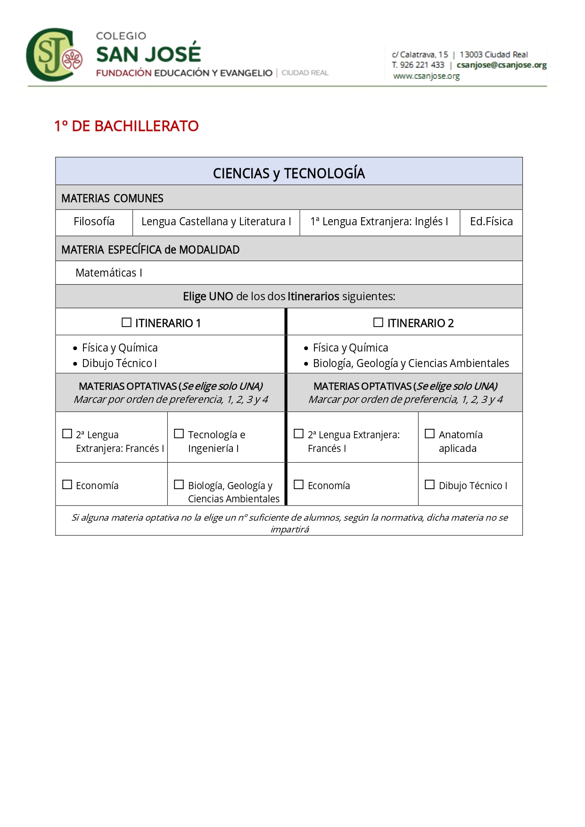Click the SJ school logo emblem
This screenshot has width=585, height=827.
click(x=54, y=55)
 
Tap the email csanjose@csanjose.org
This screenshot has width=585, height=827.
click(x=501, y=65)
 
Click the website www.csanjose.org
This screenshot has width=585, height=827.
click(x=426, y=76)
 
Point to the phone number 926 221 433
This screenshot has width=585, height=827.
click(x=422, y=65)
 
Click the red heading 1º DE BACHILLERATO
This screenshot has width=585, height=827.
click(x=126, y=126)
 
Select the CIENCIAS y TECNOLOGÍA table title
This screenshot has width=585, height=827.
click(x=288, y=173)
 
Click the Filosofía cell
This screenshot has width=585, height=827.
click(x=94, y=221)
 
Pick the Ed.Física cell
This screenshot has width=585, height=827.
click(x=491, y=221)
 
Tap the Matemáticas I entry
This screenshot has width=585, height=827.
click(x=108, y=273)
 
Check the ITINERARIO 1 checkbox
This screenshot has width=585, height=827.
click(x=126, y=323)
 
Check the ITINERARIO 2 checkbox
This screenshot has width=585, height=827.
click(x=378, y=323)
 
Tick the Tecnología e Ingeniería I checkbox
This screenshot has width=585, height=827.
click(x=179, y=434)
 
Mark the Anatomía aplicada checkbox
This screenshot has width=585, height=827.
click(x=429, y=434)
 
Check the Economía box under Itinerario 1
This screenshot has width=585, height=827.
click(x=67, y=485)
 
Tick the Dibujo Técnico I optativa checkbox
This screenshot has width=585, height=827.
click(x=429, y=485)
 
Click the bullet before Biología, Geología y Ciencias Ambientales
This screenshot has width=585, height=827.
click(x=306, y=364)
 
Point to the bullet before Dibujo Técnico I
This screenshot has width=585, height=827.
click(x=75, y=364)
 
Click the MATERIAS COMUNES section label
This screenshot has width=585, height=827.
click(x=112, y=198)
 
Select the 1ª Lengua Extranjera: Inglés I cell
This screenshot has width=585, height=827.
click(x=379, y=221)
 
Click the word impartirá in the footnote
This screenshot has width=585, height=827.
click(x=289, y=530)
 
